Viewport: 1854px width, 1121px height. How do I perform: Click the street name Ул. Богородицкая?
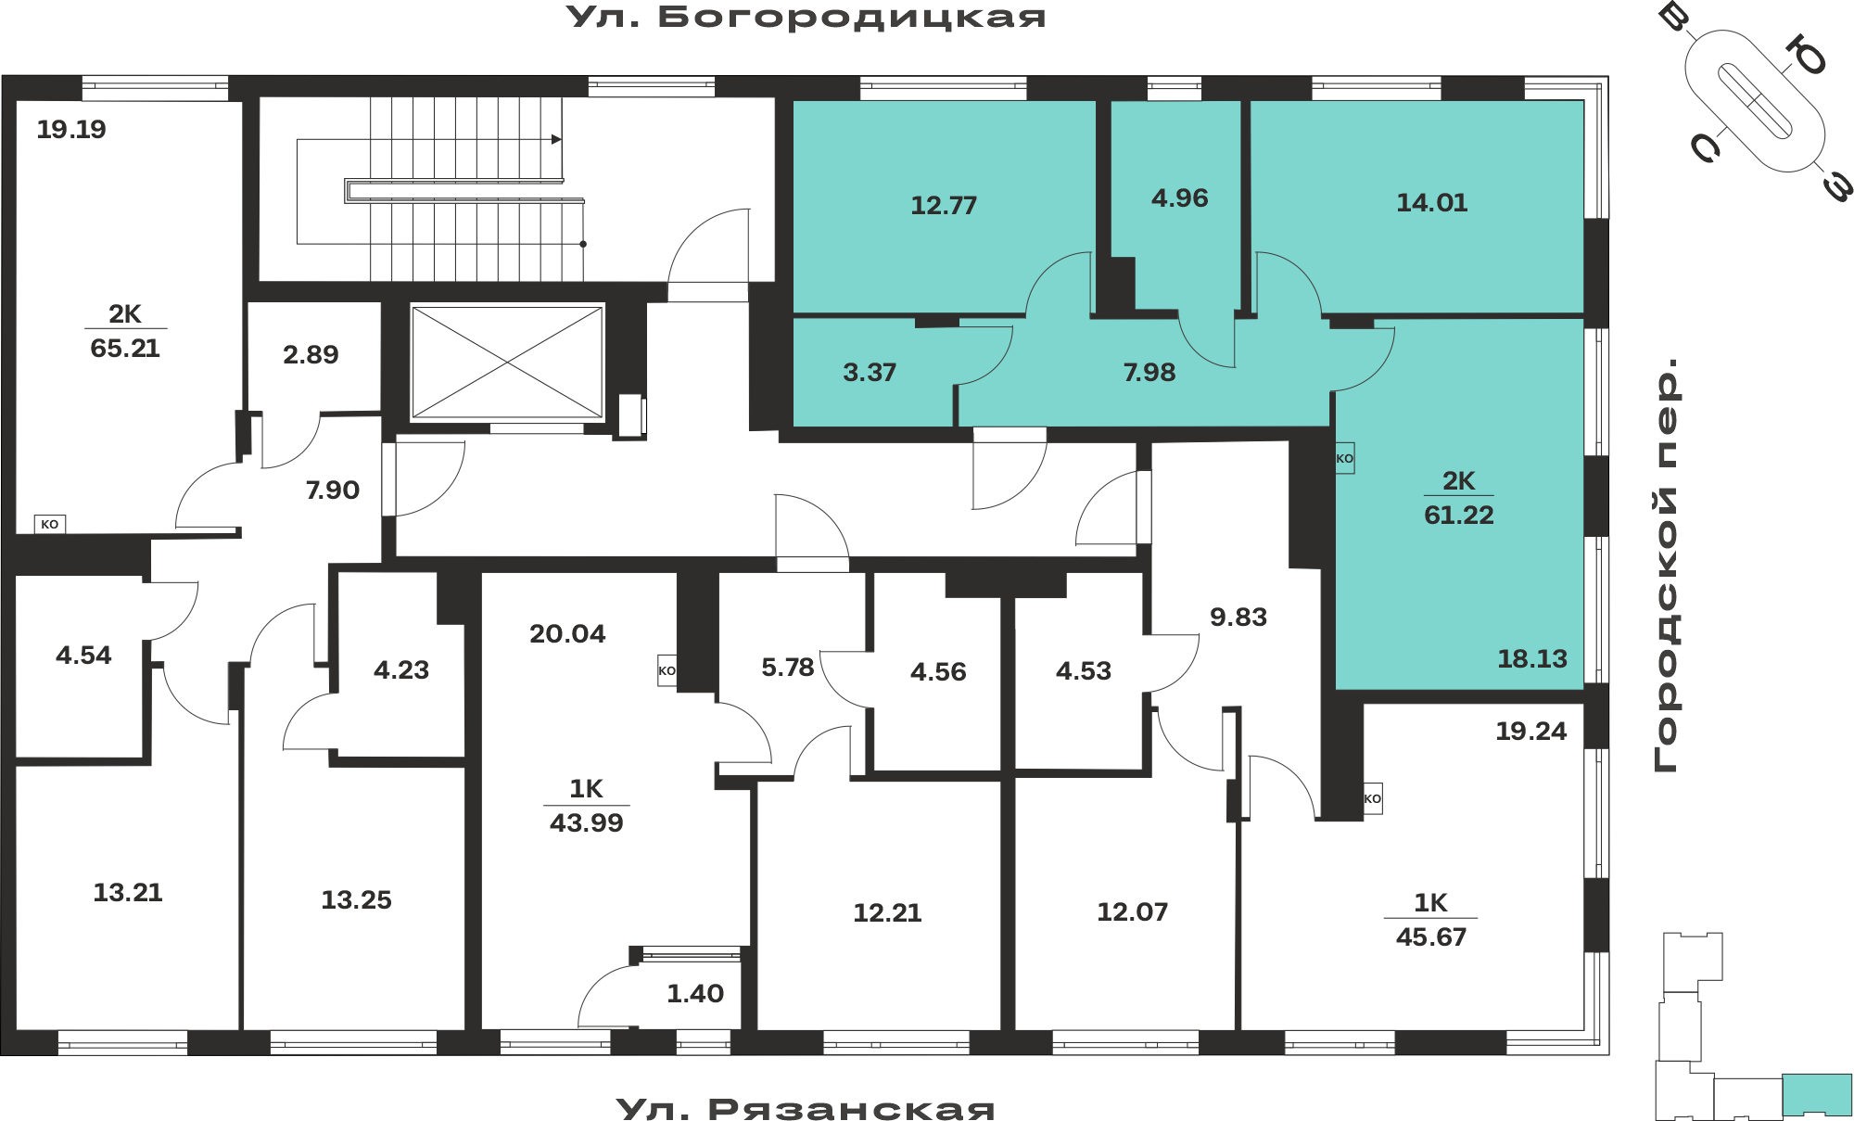point(806,17)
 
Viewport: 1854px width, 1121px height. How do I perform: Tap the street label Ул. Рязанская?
point(806,1108)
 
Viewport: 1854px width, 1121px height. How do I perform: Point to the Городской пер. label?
point(1666,565)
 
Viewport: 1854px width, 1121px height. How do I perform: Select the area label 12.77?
point(944,205)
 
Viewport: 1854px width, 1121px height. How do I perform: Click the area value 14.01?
point(1432,202)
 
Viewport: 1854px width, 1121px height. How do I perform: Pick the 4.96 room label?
point(1180,197)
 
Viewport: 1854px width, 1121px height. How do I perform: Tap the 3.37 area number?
point(870,372)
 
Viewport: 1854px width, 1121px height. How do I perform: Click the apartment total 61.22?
point(1459,515)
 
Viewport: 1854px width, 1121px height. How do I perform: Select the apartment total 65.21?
point(125,348)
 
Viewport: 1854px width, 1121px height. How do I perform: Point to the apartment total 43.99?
point(587,822)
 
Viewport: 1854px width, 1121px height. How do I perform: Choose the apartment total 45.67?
point(1431,936)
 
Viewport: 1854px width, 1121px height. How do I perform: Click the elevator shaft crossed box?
point(507,363)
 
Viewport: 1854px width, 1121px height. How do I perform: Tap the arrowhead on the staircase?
point(556,139)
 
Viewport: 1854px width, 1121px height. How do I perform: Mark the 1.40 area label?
point(695,993)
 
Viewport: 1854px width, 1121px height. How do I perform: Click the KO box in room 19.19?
point(50,524)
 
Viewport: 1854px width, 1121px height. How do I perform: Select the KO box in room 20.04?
point(667,670)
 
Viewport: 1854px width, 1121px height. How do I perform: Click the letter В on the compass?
point(1674,16)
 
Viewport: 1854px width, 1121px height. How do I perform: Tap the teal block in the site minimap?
point(1817,1094)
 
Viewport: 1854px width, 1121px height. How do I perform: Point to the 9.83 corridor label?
point(1238,617)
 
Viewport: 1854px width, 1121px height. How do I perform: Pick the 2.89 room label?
point(311,354)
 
